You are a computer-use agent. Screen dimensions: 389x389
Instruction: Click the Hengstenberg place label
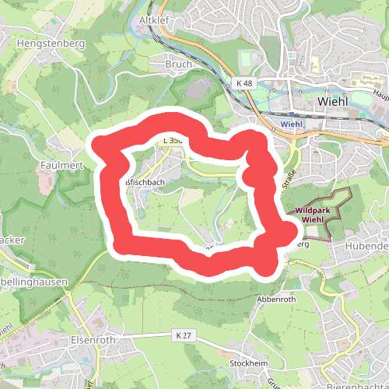(x=51, y=44)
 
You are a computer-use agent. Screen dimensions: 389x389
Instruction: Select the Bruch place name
(x=178, y=64)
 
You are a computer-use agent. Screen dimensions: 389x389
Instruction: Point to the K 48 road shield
(x=244, y=82)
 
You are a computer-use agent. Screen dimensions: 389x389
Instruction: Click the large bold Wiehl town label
(x=335, y=101)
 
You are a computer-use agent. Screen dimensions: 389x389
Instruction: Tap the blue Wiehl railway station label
(x=290, y=123)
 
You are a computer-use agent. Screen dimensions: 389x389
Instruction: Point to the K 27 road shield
(x=181, y=335)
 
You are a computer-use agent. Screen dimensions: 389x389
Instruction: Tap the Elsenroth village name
(x=92, y=340)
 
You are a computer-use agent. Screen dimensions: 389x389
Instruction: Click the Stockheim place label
(x=250, y=363)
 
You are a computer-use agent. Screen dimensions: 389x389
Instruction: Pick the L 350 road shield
(x=172, y=141)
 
